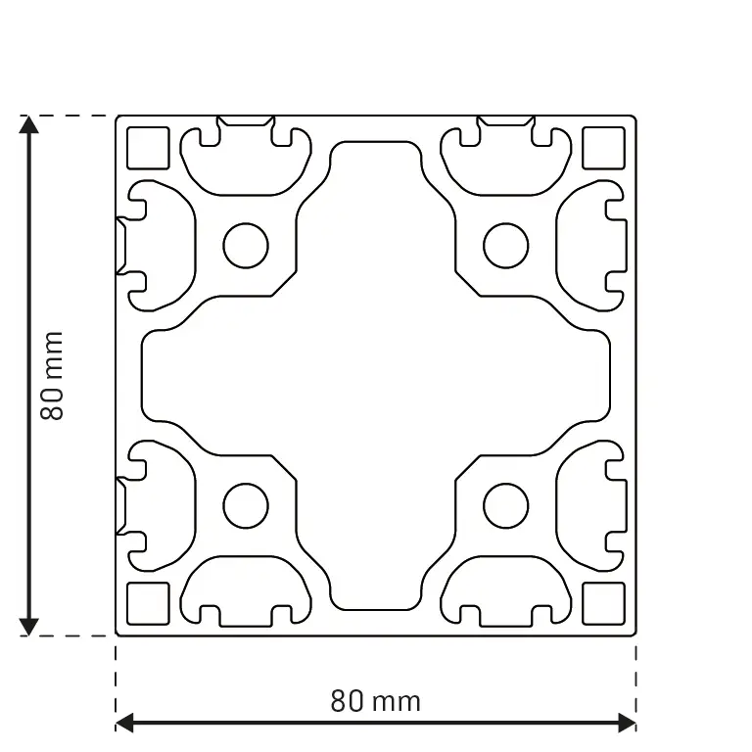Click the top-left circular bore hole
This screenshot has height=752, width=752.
(x=246, y=246)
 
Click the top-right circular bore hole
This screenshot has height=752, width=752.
(x=506, y=246)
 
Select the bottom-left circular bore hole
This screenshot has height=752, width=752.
(x=246, y=506)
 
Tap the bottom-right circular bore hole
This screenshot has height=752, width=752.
(x=506, y=506)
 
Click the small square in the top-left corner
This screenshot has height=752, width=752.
(x=149, y=149)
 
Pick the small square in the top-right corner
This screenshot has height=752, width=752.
(x=603, y=149)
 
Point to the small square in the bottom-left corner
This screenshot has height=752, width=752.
(x=149, y=603)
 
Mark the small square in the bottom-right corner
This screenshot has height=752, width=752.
(x=603, y=603)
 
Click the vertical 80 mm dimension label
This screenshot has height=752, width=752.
(x=51, y=376)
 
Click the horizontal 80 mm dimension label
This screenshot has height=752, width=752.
(x=376, y=701)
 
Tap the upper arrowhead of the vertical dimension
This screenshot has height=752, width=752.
(x=29, y=124)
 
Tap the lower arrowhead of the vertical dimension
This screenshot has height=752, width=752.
(x=29, y=627)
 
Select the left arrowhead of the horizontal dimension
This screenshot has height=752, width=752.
(x=124, y=724)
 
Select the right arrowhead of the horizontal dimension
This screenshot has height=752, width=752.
(x=628, y=724)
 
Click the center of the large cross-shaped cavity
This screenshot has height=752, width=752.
(x=376, y=376)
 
